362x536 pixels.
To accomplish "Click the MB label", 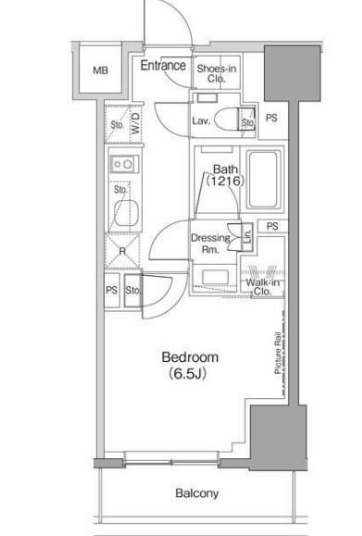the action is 101,70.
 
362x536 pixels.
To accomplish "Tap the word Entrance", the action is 163,66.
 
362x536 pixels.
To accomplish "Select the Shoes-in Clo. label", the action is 217,73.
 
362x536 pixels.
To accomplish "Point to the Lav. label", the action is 201,120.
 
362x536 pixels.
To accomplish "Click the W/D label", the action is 136,123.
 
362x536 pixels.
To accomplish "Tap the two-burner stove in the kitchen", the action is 124,164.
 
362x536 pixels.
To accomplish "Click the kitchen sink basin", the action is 126,213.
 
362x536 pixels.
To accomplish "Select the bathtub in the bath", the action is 263,180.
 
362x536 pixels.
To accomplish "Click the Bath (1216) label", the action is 225,175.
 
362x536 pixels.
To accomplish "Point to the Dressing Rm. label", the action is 210,243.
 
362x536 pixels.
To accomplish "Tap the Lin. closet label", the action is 247,237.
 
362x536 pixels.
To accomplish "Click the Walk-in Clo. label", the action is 263,287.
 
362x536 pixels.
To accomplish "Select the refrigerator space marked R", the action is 122,251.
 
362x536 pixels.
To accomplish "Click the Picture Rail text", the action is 278,353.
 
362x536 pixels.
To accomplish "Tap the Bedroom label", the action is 190,357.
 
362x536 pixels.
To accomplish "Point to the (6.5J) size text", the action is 188,374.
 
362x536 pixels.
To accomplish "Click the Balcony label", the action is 197,493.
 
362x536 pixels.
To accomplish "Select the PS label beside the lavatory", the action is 271,118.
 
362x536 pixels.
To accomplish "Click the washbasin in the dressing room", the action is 215,278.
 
